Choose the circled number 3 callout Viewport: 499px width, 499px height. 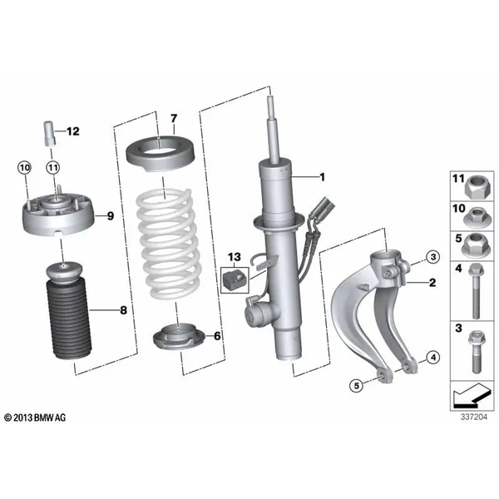432,255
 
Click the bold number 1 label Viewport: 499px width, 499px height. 324,176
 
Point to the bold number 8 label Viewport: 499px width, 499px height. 123,310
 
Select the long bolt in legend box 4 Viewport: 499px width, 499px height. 475,292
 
